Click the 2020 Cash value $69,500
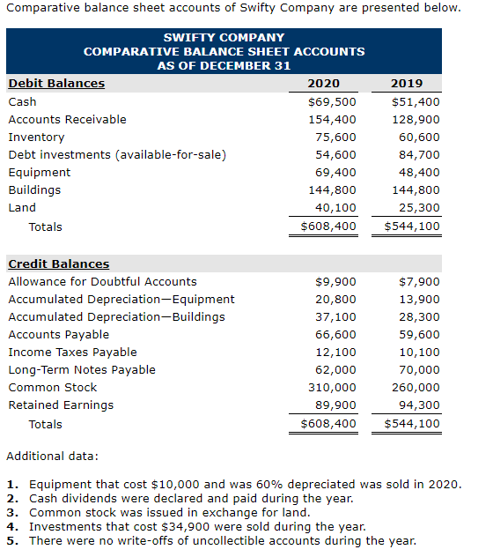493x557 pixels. (x=328, y=101)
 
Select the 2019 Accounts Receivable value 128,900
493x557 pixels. (x=414, y=119)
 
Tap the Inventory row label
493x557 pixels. (x=36, y=137)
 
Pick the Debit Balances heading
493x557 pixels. (x=56, y=84)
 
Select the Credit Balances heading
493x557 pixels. (x=59, y=264)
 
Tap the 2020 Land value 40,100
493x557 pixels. (x=335, y=207)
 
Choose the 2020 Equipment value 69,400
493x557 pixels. (x=335, y=172)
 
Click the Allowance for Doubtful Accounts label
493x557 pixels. (x=102, y=281)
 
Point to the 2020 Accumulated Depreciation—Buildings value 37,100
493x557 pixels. (x=335, y=316)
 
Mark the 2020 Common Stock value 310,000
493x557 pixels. (x=332, y=387)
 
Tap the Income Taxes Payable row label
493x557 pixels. (x=72, y=352)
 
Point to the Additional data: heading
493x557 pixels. (x=52, y=456)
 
